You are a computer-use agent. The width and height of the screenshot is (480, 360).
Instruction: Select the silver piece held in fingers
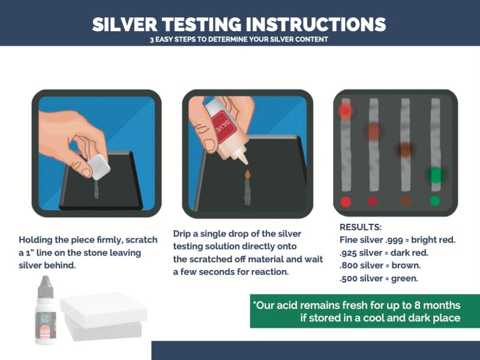(x=97, y=167)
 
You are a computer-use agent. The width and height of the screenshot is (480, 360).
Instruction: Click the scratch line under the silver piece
(x=97, y=190)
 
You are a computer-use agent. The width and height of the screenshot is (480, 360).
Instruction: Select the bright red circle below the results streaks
(x=346, y=201)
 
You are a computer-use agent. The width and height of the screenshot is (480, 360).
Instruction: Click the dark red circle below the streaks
(x=373, y=201)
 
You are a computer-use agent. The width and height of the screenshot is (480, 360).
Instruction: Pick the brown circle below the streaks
(x=405, y=201)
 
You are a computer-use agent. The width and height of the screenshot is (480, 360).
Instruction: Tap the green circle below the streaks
(x=435, y=201)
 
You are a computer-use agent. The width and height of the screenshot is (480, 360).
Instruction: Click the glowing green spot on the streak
(x=435, y=175)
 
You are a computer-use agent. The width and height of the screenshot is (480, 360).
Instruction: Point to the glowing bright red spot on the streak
(x=345, y=110)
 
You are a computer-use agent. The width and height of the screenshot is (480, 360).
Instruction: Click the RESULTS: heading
(x=361, y=228)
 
